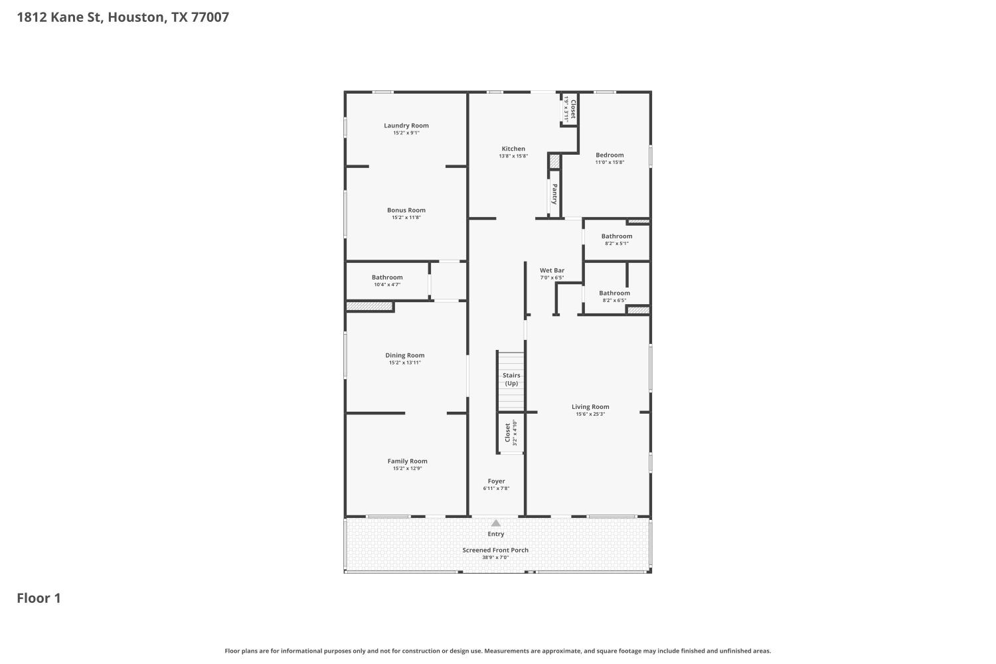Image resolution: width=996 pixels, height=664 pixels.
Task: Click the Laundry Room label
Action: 406,125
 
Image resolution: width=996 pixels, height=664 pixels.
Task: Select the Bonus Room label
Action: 406,210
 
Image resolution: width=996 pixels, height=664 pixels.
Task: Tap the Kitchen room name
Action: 513,149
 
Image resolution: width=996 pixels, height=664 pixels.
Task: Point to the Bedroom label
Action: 610,155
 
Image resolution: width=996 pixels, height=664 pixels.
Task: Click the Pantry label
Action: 554,194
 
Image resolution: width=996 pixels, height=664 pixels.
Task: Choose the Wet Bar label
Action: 552,270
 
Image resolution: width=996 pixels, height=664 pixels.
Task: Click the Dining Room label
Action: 405,355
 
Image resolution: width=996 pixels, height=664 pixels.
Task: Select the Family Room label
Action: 407,461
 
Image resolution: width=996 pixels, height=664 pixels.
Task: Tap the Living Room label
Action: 590,407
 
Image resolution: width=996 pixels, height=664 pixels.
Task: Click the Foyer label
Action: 496,481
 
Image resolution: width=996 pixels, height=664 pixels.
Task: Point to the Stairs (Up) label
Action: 511,379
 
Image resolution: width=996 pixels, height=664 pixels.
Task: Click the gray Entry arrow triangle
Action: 496,523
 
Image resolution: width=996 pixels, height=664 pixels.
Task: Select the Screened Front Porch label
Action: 495,550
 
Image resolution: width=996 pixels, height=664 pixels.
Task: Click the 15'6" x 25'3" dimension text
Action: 590,414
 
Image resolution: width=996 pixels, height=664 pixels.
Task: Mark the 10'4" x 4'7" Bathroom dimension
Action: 387,285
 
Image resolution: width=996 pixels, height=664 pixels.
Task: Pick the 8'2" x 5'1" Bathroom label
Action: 617,236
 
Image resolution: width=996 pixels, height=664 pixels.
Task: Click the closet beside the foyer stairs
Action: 511,432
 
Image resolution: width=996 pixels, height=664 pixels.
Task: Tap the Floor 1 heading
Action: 39,598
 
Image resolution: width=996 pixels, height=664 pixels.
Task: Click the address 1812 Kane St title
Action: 123,17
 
